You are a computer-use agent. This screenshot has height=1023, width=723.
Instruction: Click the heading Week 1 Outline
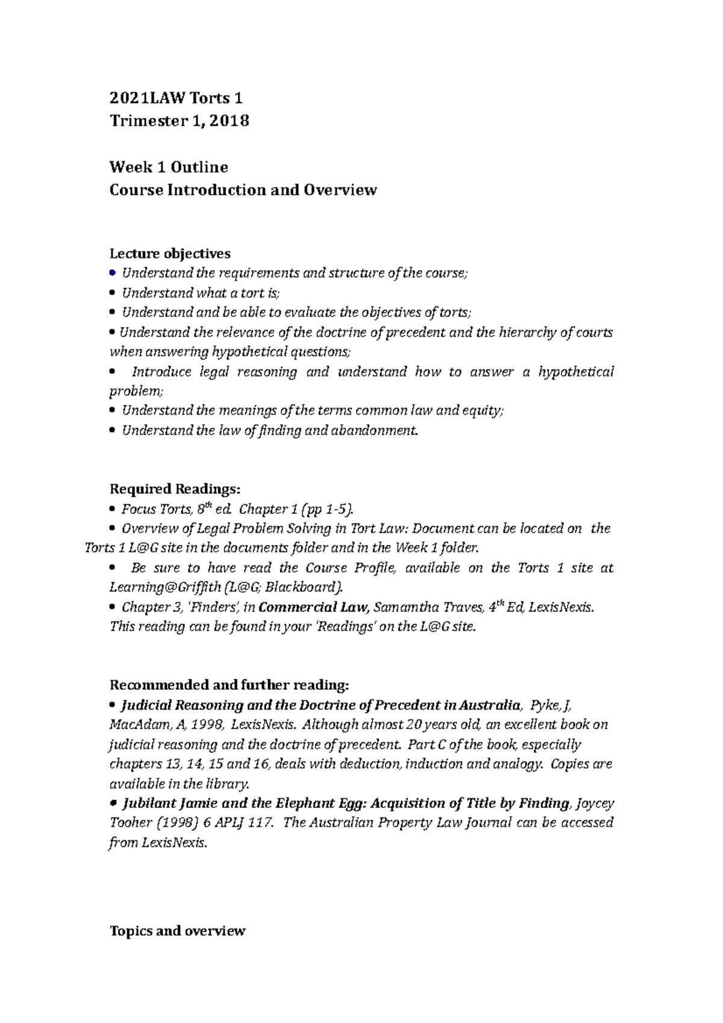pos(169,167)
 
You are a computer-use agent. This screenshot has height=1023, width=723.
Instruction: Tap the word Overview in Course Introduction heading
pos(340,190)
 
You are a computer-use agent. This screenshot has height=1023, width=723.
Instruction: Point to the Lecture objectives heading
pos(170,253)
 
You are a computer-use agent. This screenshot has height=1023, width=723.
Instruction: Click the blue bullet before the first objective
pos(112,273)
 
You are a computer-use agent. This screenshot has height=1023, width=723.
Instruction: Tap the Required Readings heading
pos(175,489)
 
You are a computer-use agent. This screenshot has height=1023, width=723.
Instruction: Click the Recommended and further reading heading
pos(229,685)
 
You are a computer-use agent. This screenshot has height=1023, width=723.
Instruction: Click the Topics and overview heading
pos(178,931)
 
